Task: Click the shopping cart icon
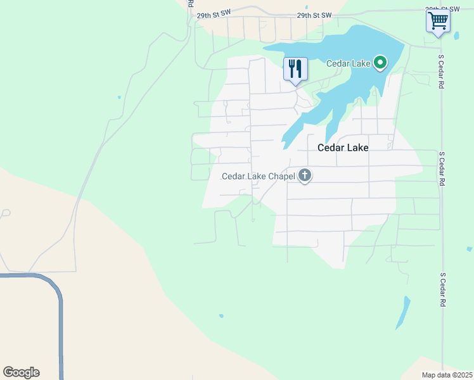pos(438,20)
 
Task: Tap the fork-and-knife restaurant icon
pos(295,68)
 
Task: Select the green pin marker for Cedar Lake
pos(380,63)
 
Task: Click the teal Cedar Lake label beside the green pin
pos(348,63)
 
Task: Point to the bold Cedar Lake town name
pos(342,147)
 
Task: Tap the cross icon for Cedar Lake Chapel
pos(305,175)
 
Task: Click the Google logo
pos(21,372)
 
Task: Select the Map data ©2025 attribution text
pos(447,375)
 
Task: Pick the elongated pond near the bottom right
pos(403,313)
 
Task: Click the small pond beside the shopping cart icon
pos(457,35)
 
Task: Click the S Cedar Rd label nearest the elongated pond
pos(444,290)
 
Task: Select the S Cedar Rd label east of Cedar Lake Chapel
pos(440,168)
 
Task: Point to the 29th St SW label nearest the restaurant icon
pos(314,15)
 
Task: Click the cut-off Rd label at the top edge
pos(190,3)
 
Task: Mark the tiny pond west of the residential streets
pos(118,98)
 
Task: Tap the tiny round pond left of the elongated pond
pos(221,315)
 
